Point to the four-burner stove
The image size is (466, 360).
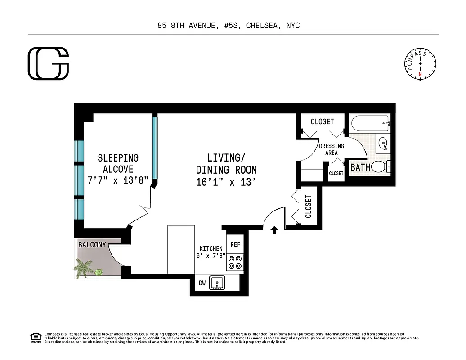tap(235, 262)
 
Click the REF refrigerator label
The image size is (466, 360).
tap(235, 244)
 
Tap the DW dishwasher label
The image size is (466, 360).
tap(202, 283)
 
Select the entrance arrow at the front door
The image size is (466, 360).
tap(274, 230)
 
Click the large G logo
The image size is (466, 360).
tap(49, 63)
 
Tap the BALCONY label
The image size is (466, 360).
tap(92, 245)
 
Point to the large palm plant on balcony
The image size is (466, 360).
tap(84, 269)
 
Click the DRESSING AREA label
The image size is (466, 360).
tap(331, 149)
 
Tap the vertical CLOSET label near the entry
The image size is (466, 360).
tap(308, 206)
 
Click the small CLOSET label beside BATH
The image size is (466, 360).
tap(336, 173)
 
